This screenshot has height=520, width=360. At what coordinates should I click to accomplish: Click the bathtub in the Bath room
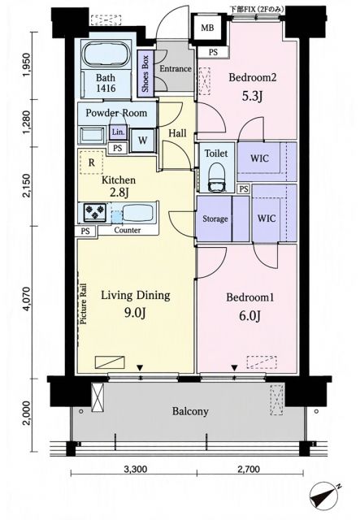[106, 55]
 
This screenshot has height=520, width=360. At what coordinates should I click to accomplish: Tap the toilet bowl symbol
[217, 177]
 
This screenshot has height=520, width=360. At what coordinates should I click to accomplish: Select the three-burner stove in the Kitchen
[95, 212]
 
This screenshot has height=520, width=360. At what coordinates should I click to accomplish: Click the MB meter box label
[207, 28]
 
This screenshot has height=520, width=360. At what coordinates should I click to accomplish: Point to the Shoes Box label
[145, 74]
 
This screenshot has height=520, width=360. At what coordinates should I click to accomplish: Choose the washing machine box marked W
[142, 140]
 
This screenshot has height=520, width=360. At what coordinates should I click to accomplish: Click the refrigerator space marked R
[91, 162]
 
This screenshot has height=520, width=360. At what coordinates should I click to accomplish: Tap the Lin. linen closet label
[118, 132]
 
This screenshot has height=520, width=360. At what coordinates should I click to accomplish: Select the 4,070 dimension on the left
[28, 302]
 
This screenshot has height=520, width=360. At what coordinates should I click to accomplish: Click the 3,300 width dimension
[135, 470]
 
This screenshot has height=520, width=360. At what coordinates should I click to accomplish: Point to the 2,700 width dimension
[248, 470]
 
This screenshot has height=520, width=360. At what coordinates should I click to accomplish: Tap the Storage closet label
[215, 219]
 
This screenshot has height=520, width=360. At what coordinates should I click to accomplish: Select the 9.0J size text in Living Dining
[135, 312]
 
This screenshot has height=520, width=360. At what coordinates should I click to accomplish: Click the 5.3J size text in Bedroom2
[252, 96]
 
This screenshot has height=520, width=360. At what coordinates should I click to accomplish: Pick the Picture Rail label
[83, 303]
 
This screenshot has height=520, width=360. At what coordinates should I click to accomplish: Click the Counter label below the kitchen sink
[127, 230]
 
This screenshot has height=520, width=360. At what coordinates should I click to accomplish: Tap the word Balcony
[190, 412]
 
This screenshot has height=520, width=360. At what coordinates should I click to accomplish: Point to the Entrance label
[176, 68]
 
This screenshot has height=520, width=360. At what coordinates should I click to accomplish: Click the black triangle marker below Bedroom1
[234, 368]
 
